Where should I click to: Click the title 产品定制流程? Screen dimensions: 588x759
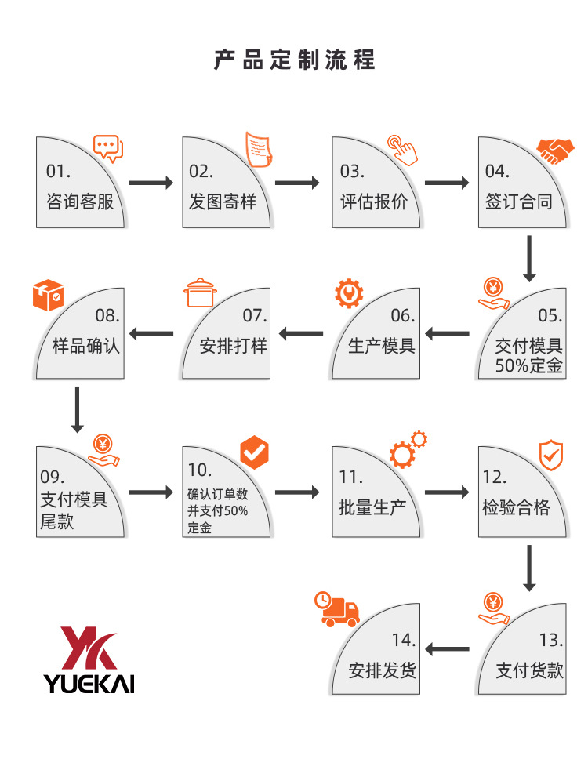coord(294,60)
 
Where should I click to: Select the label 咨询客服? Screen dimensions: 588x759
coord(80,202)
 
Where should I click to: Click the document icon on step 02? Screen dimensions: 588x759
coord(260,149)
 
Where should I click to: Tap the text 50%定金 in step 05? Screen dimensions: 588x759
coord(529,365)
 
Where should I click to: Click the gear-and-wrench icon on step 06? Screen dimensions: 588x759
coord(348,293)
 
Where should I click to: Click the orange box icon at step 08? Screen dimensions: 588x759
coord(48,294)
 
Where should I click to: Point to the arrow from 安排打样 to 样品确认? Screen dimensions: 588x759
coord(151,334)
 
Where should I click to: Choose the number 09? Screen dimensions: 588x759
coord(53,477)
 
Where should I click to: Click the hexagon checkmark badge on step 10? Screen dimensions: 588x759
coord(254,451)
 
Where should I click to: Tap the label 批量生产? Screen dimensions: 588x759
coord(372,507)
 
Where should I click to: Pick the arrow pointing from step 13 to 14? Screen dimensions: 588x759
coord(447,648)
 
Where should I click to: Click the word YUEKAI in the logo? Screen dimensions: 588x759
coord(89,683)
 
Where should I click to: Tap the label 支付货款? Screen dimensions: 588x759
coord(530,670)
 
